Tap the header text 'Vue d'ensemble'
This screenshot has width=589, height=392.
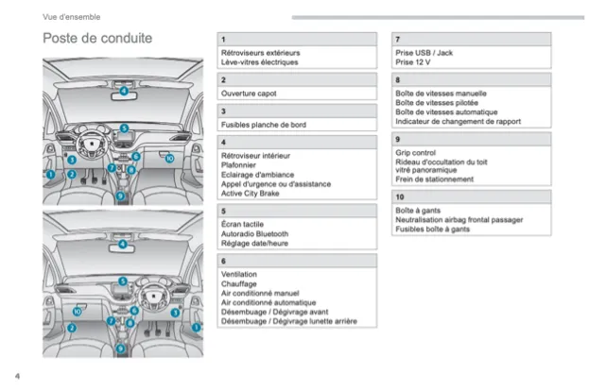pos(72,17)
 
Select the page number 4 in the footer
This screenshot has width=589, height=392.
pos(17,375)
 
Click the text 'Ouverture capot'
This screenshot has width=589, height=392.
pos(248,94)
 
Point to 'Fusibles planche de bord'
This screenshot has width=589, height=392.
pos(263,125)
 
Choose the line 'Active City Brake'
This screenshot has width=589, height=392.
pos(251,193)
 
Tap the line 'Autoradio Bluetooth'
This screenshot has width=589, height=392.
pos(254,233)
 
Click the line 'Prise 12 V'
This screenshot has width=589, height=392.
pos(412,62)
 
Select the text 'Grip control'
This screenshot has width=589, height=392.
pos(416,152)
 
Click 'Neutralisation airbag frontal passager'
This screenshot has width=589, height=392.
pos(459,219)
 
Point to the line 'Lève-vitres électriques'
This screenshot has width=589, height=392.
pos(259,62)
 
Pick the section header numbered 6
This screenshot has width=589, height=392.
pos(223,260)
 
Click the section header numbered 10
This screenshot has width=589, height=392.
pos(400,196)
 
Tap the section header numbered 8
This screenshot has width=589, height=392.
pos(398,80)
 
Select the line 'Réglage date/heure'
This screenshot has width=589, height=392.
pos(253,243)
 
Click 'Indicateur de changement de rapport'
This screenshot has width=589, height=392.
pos(458,121)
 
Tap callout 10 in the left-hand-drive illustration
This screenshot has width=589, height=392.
pos(169,159)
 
